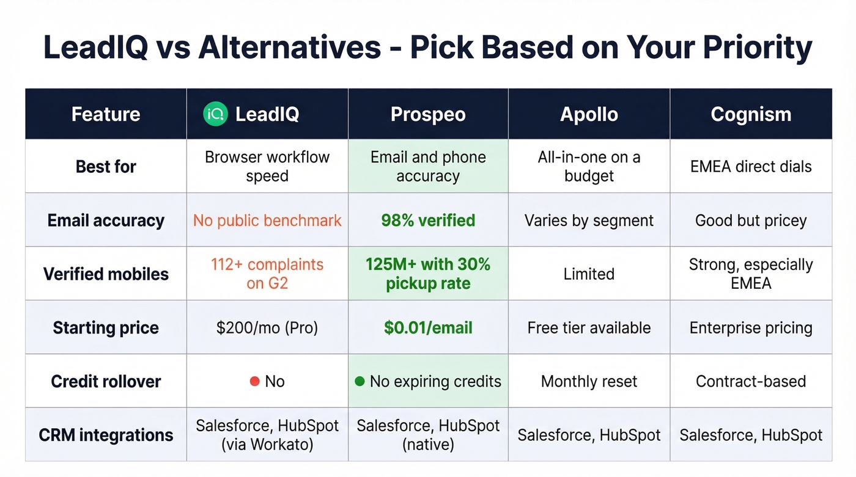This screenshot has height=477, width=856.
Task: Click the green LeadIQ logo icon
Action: [215, 114]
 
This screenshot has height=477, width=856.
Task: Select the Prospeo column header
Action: [428, 114]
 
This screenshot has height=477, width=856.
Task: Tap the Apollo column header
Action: [589, 114]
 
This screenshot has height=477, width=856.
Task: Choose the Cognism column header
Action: [751, 114]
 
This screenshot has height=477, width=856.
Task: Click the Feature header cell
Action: [106, 114]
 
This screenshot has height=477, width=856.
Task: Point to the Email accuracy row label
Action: [106, 220]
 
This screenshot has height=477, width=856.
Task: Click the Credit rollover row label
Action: [106, 381]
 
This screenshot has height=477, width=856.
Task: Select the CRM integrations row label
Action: [106, 435]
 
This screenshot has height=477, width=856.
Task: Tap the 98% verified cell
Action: [428, 220]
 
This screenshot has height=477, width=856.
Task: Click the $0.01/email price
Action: [428, 328]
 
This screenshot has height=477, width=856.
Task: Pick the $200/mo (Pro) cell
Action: [267, 328]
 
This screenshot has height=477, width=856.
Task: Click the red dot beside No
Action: [255, 382]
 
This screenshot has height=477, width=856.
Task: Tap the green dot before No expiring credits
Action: [360, 382]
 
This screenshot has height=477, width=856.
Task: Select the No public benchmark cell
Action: [267, 220]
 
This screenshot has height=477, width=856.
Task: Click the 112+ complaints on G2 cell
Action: [267, 274]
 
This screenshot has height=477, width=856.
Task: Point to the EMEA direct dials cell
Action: [751, 167]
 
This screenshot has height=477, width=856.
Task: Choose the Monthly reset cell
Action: [589, 382]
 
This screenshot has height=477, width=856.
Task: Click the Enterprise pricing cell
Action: [751, 328]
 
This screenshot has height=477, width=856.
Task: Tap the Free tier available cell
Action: [589, 328]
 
